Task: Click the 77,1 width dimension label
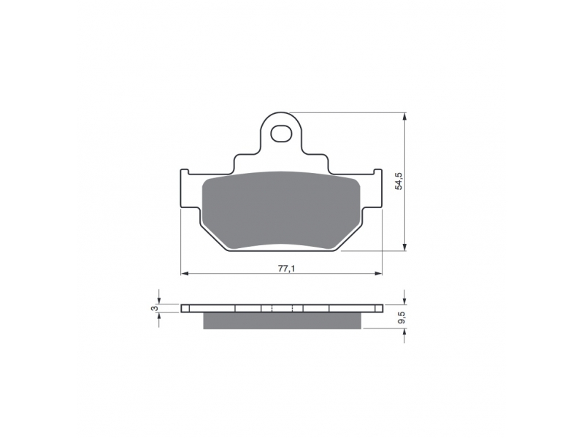286,268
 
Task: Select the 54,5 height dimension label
399,181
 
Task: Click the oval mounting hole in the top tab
281,134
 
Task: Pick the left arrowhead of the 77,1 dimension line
185,274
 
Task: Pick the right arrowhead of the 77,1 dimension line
378,274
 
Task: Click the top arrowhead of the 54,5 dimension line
405,116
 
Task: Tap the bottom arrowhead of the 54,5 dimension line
405,247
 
